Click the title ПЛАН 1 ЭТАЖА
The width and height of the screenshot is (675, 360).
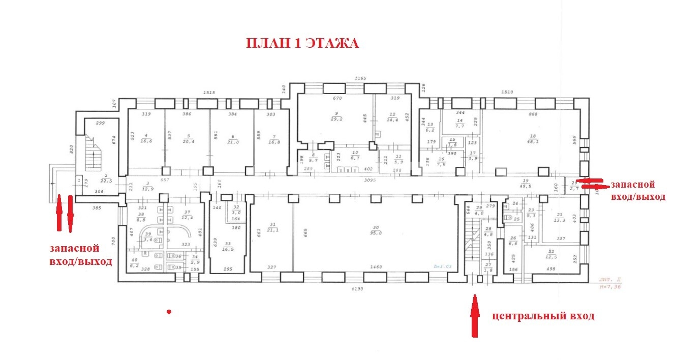pyautogui.click(x=302, y=44)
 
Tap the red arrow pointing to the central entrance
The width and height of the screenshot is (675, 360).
pyautogui.click(x=475, y=315)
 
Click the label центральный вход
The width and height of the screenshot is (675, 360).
pyautogui.click(x=543, y=316)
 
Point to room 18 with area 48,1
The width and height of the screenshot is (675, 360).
pyautogui.click(x=533, y=139)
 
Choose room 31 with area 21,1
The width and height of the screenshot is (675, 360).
pyautogui.click(x=273, y=229)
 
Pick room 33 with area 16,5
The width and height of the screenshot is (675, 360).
pyautogui.click(x=228, y=246)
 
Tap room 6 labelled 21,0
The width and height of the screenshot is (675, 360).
pyautogui.click(x=233, y=140)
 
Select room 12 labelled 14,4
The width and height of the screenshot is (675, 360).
pyautogui.click(x=392, y=116)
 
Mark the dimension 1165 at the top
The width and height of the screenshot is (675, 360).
pyautogui.click(x=360, y=78)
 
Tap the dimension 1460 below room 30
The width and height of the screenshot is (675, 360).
pyautogui.click(x=376, y=266)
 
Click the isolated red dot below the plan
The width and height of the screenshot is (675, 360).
pyautogui.click(x=169, y=311)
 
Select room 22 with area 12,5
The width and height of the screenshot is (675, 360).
pyautogui.click(x=551, y=254)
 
